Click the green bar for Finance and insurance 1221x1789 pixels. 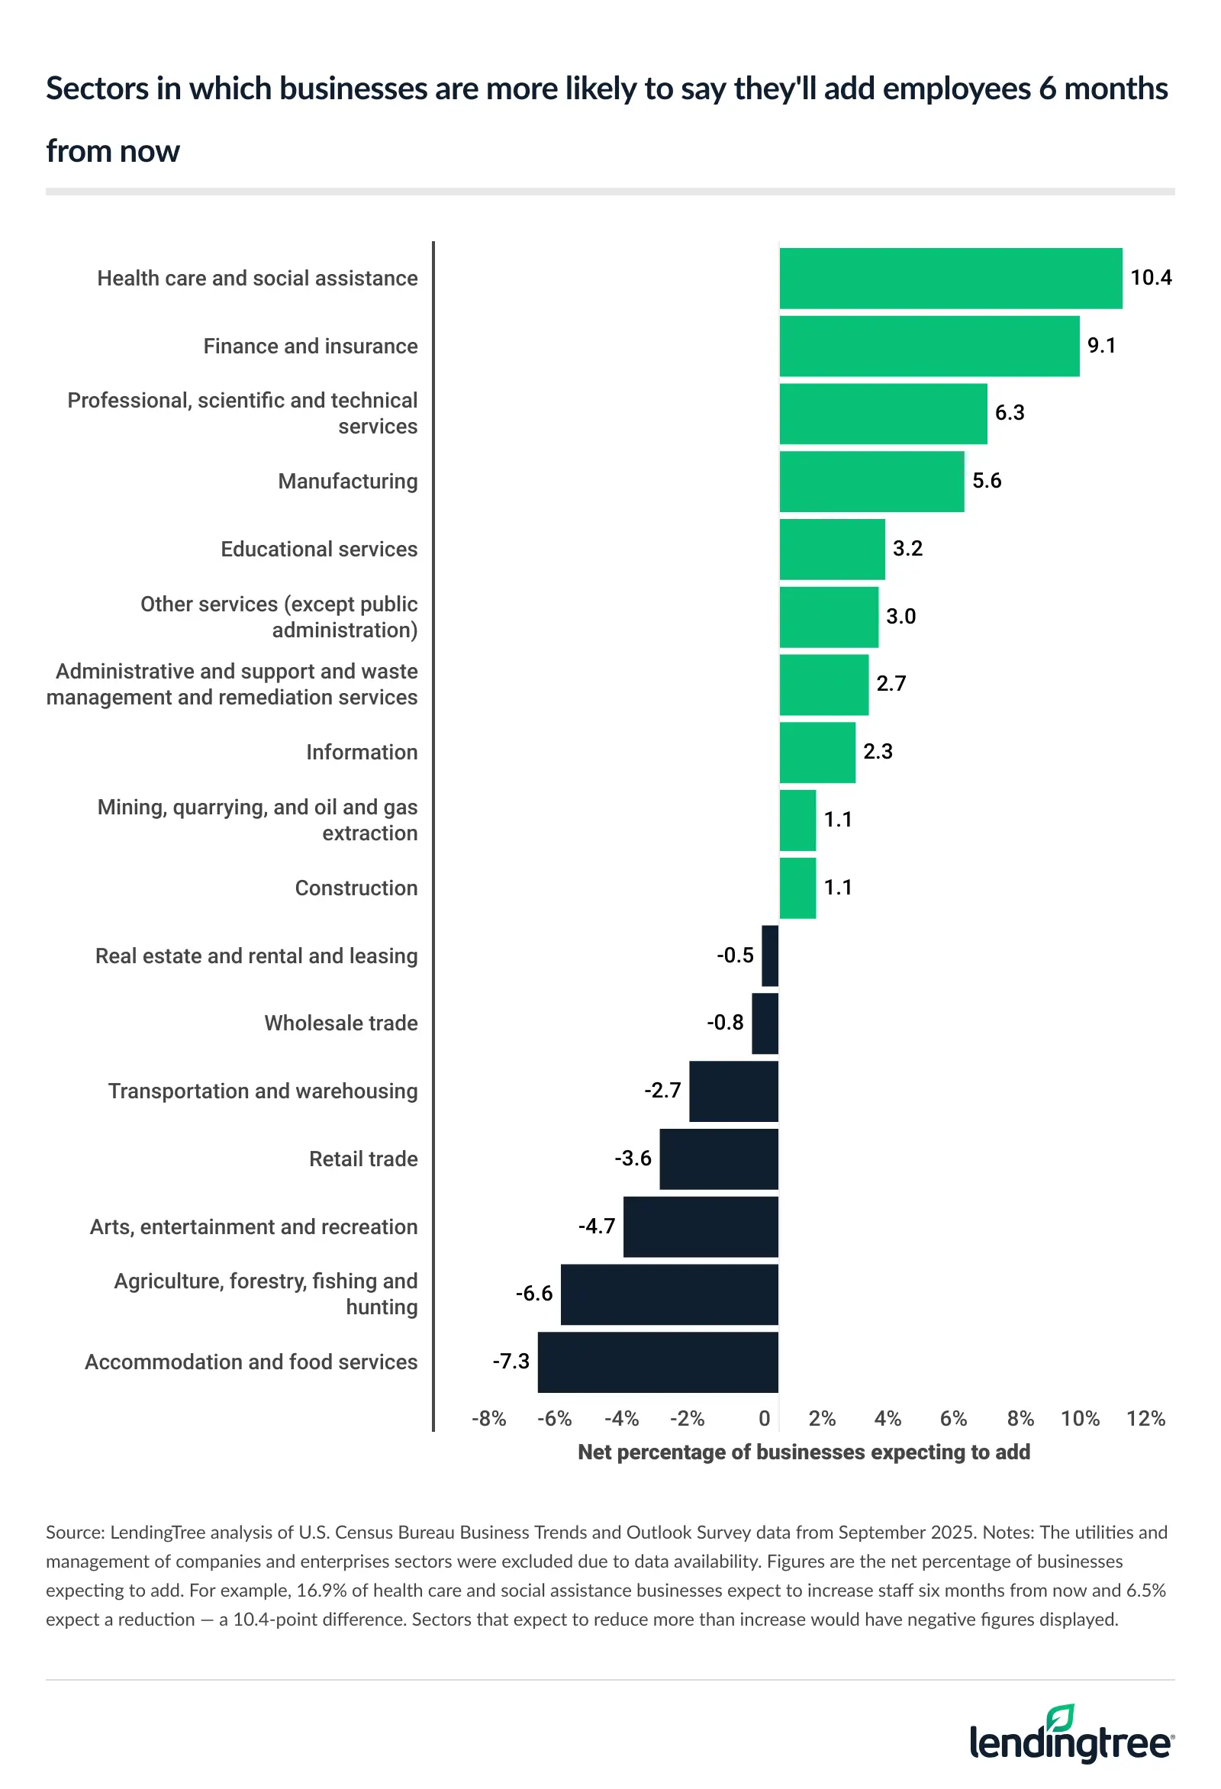(x=929, y=346)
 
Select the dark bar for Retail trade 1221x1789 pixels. (x=718, y=1159)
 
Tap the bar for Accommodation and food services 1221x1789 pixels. (x=658, y=1362)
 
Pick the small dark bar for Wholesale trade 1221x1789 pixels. (x=765, y=1023)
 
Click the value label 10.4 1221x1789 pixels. (x=1150, y=278)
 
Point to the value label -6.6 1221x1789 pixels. (x=533, y=1293)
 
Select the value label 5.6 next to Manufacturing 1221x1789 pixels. (x=986, y=481)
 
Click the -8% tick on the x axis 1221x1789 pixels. (x=488, y=1419)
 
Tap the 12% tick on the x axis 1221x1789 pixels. (x=1145, y=1419)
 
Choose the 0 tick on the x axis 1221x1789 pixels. (x=764, y=1419)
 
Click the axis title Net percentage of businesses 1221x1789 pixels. (x=803, y=1452)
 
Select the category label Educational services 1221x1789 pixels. (x=319, y=549)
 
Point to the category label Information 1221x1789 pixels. (x=361, y=752)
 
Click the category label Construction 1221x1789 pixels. (x=356, y=888)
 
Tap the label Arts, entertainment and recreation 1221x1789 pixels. (x=253, y=1227)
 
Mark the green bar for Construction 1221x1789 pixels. (x=797, y=888)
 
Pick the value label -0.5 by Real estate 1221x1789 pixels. (x=734, y=956)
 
